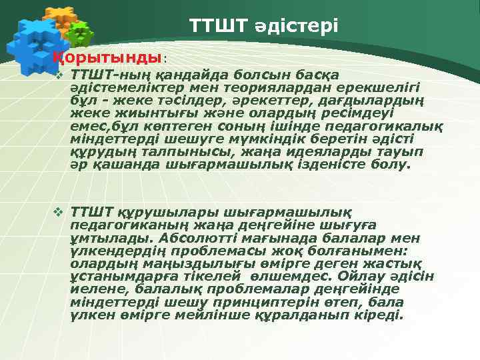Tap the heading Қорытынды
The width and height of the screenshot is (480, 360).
[x=107, y=57]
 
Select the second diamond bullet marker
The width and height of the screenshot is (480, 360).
[x=59, y=213]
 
